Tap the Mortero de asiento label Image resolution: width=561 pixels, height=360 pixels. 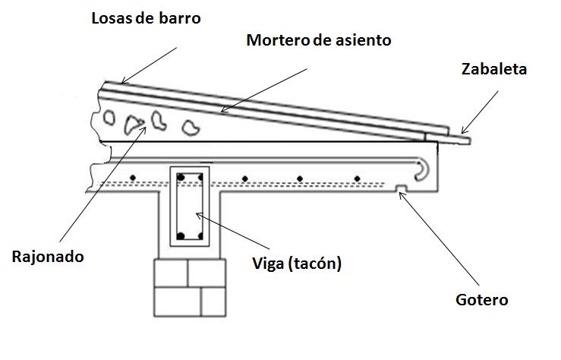(319, 40)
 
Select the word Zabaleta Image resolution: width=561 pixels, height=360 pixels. (493, 69)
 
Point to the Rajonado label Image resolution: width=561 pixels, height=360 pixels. (47, 256)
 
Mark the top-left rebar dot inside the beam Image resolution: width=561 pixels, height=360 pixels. (181, 178)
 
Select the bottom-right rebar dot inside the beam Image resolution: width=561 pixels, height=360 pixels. (200, 235)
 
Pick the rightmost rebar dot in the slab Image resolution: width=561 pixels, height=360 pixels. (357, 178)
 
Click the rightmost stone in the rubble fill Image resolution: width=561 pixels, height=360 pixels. (192, 127)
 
